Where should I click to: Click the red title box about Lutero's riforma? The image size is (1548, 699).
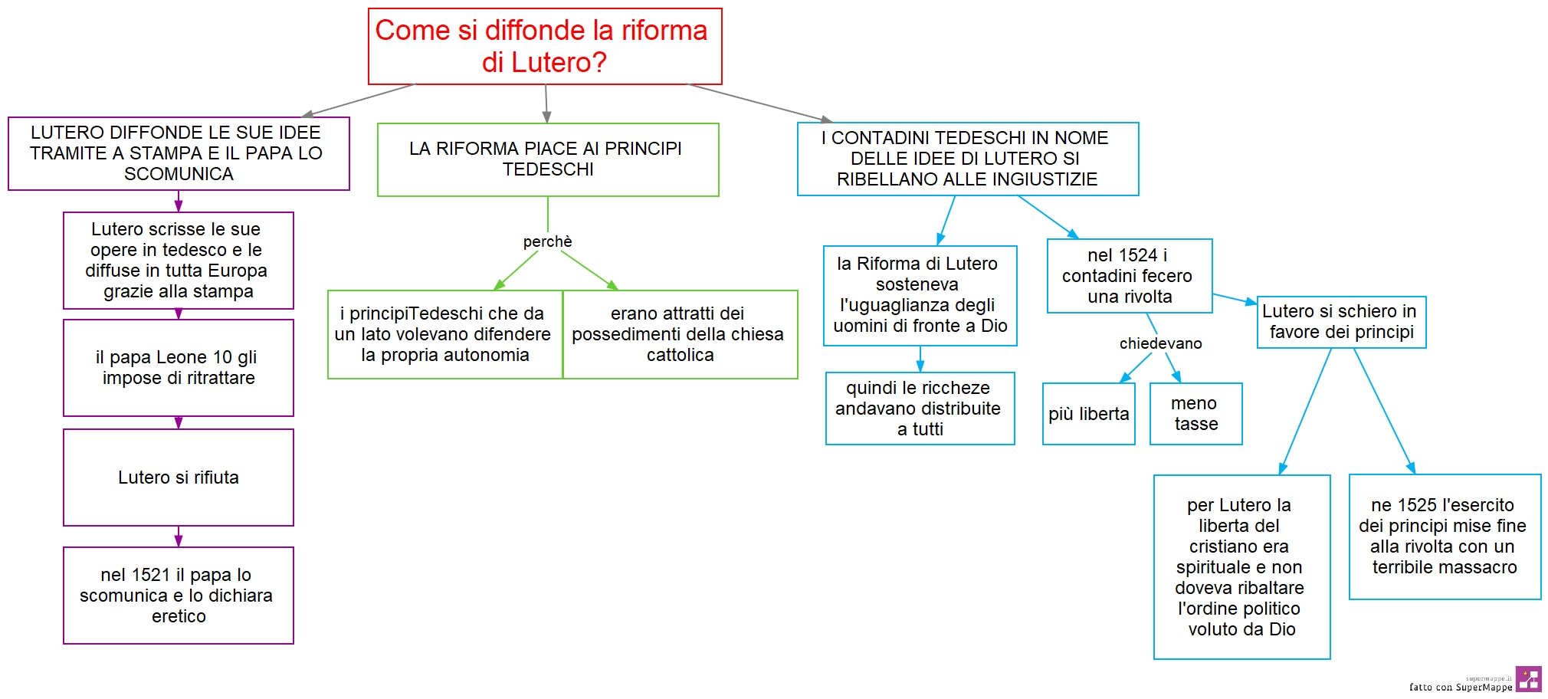click(x=545, y=46)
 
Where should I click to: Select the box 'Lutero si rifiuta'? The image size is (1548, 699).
click(x=179, y=477)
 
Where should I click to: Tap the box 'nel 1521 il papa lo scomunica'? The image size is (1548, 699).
click(x=179, y=596)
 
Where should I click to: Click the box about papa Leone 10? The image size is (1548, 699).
click(x=179, y=368)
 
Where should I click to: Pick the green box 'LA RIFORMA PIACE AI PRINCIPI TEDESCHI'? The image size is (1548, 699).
click(x=548, y=159)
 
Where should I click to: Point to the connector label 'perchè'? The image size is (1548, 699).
click(x=547, y=241)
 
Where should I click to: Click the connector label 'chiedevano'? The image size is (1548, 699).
click(x=1160, y=343)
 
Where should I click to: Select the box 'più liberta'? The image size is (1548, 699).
click(x=1088, y=414)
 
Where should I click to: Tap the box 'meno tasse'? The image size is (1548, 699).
click(x=1195, y=414)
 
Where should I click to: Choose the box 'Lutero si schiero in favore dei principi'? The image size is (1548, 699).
click(x=1341, y=322)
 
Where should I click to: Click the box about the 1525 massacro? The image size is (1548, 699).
click(x=1445, y=537)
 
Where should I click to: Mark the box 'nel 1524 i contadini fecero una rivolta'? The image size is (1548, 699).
click(x=1130, y=276)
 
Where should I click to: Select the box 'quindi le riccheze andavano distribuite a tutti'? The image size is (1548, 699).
click(x=920, y=409)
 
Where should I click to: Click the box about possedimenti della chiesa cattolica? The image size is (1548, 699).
click(x=680, y=334)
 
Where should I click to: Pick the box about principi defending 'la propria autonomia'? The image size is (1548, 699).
click(x=445, y=334)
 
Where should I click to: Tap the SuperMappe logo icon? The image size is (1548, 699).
click(x=1528, y=679)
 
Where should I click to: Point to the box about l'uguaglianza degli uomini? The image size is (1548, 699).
click(x=920, y=295)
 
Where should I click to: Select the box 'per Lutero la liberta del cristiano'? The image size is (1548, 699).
click(x=1241, y=567)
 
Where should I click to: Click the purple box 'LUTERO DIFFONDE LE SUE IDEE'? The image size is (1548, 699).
click(x=179, y=153)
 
